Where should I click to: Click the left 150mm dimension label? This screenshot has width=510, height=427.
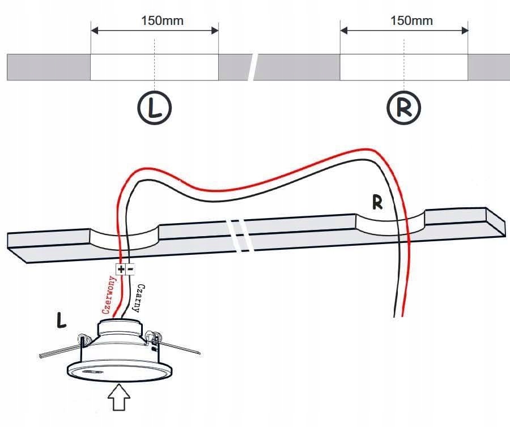tap(163, 22)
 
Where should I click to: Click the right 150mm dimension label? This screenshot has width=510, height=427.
tap(411, 21)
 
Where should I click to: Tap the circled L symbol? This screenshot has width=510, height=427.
tap(155, 106)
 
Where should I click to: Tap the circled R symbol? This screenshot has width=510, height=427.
tap(403, 106)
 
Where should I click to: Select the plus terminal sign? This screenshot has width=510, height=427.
tap(121, 270)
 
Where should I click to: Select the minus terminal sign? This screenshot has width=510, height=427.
tap(130, 270)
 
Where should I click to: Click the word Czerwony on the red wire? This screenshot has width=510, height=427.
tap(108, 296)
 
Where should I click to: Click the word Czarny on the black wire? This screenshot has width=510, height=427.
tap(138, 298)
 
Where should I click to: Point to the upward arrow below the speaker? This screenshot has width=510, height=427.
tap(120, 399)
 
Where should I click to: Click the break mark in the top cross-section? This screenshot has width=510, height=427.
tap(254, 67)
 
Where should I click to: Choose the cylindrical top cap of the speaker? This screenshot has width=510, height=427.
tap(119, 328)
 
